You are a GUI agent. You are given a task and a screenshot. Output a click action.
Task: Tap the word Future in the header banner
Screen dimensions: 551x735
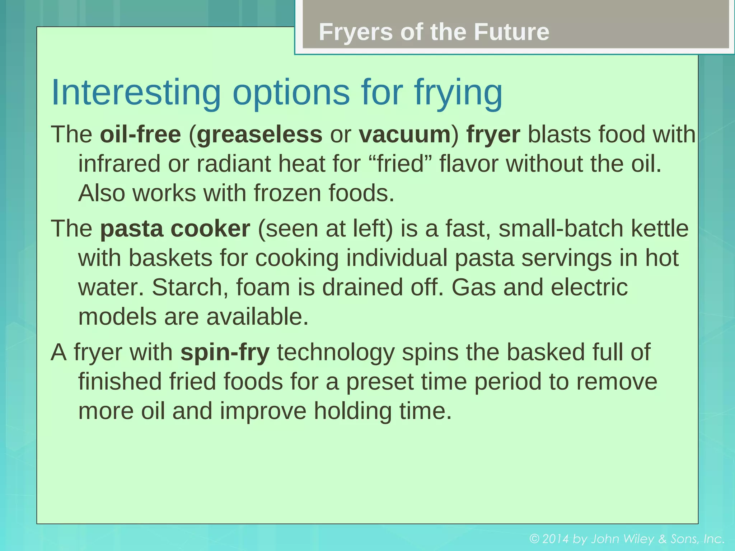(511, 32)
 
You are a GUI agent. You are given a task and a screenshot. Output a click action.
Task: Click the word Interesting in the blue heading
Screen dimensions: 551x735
(136, 92)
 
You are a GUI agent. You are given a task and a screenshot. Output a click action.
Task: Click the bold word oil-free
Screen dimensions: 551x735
(140, 135)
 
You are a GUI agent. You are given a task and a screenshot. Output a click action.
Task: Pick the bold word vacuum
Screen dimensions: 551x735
(405, 135)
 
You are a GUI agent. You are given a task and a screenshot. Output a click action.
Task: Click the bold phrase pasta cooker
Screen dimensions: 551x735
(175, 229)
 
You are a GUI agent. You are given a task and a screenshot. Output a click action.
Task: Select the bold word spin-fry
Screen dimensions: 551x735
(225, 352)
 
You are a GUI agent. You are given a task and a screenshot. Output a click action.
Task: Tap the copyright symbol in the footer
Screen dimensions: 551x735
(535, 539)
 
